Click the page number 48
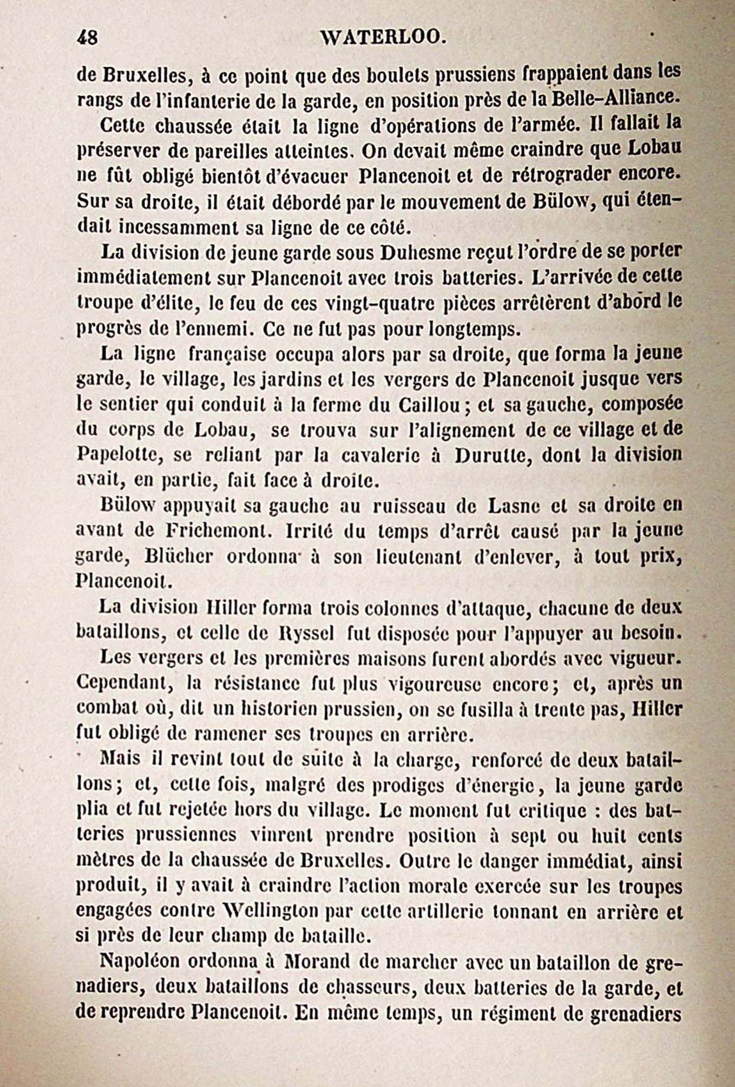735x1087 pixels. [87, 37]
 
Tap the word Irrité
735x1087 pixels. [309, 531]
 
